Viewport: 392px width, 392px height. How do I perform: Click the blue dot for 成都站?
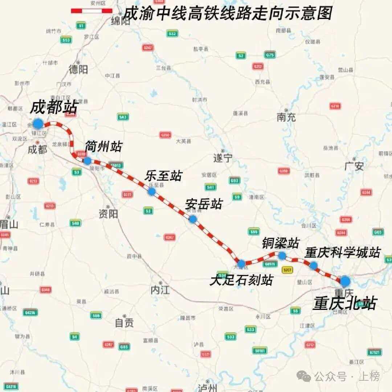38,124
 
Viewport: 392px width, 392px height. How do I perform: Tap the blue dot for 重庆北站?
345,281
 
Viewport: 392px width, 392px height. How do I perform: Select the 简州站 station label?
103,147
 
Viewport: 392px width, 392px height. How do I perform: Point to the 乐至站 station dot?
152,191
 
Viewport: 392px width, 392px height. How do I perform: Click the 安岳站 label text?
204,204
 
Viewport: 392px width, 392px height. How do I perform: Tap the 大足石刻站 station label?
241,280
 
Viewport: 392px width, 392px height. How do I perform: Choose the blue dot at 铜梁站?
282,256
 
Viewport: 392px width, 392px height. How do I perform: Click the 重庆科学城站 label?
342,252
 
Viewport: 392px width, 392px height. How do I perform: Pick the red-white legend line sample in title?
91,11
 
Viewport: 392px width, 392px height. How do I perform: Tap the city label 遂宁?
223,158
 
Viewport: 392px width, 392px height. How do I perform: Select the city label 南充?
286,117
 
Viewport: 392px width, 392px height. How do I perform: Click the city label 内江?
160,290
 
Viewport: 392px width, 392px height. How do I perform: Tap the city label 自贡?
124,322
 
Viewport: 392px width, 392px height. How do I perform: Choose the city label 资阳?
108,214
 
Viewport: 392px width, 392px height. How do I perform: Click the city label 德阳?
78,70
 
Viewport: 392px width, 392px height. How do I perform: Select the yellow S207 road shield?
287,270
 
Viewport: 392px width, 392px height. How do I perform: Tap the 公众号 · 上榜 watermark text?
347,376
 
